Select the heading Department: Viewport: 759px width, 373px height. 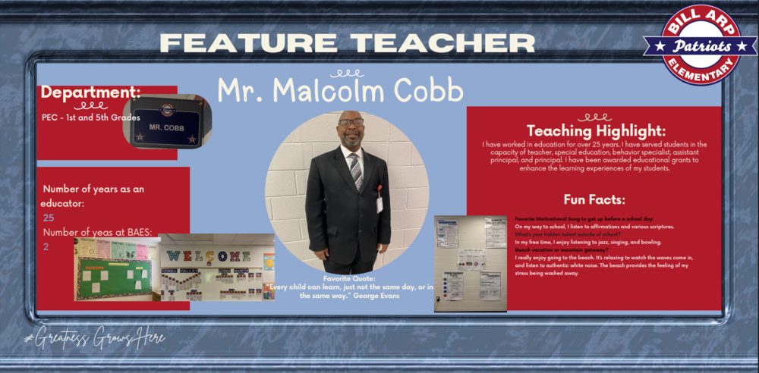[x=90, y=92]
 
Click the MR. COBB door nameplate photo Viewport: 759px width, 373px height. [x=166, y=121]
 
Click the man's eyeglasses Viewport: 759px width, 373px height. [x=351, y=122]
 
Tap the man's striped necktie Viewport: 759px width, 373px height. [x=356, y=170]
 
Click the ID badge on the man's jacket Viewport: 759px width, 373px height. [x=379, y=203]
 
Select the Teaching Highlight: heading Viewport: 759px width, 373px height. [x=596, y=130]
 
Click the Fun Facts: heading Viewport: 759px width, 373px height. [x=594, y=199]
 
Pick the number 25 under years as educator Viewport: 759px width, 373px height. [x=49, y=218]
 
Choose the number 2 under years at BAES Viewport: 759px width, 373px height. [x=46, y=246]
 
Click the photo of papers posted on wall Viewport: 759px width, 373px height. [x=470, y=263]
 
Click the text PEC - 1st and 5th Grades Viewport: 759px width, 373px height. [x=91, y=118]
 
